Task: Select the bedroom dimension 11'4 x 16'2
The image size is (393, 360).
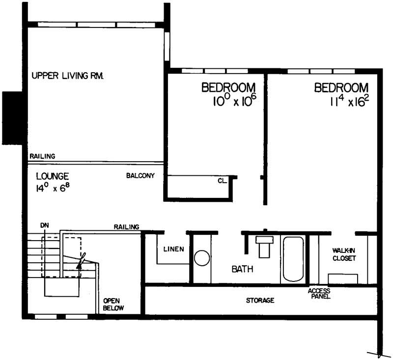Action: point(350,102)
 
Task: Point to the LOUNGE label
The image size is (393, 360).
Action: point(53,176)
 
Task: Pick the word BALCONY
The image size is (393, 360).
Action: point(140,176)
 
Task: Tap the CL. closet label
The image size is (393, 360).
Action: point(222,181)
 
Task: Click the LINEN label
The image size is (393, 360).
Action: point(174,249)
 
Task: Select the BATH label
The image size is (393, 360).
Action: point(242,269)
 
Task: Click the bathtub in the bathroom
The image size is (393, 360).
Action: point(293,259)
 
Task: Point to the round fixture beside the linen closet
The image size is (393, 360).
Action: point(201,258)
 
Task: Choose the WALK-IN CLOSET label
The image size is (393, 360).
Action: point(344,254)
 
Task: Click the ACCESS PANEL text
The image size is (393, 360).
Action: point(319,294)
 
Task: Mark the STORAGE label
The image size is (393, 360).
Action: point(260,300)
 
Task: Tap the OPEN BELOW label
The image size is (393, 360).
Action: point(113,305)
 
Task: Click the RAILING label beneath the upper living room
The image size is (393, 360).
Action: point(42,156)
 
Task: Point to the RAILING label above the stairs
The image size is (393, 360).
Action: point(126,226)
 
